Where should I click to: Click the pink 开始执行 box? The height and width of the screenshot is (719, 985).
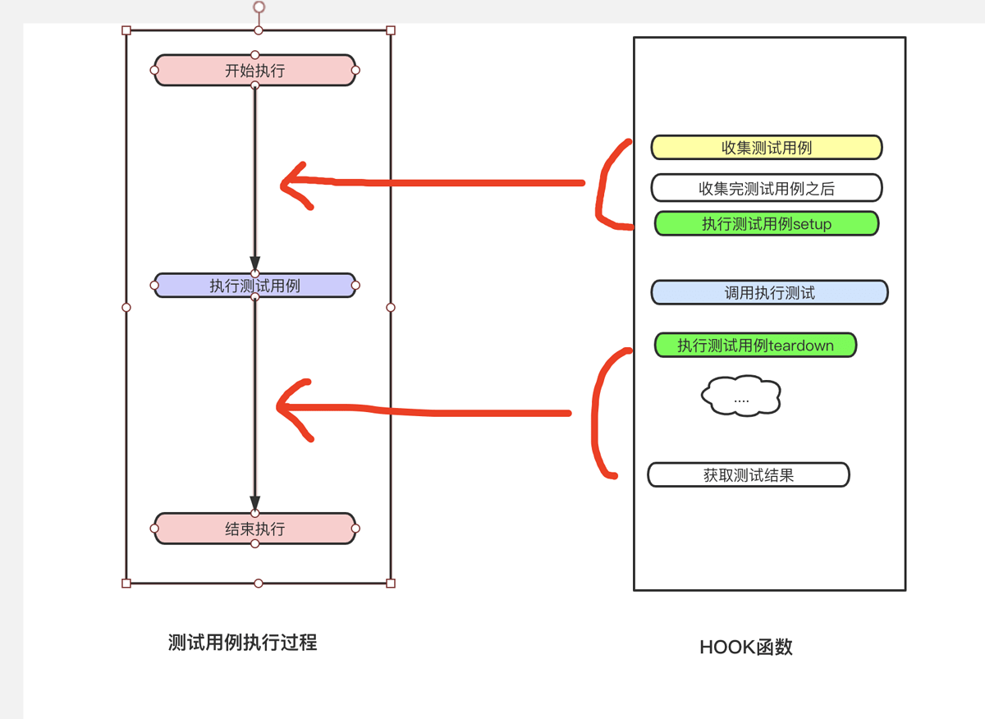pyautogui.click(x=254, y=71)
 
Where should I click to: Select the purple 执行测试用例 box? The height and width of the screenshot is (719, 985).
pyautogui.click(x=254, y=286)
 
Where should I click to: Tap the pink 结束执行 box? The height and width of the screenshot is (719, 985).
pyautogui.click(x=254, y=529)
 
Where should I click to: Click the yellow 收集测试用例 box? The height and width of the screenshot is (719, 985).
pyautogui.click(x=766, y=148)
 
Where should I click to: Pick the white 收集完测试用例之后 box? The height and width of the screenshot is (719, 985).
pyautogui.click(x=766, y=188)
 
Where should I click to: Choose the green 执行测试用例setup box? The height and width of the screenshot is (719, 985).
pyautogui.click(x=766, y=223)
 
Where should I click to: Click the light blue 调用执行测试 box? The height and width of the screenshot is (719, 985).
pyautogui.click(x=769, y=292)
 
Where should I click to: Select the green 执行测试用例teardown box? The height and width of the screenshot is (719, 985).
pyautogui.click(x=754, y=346)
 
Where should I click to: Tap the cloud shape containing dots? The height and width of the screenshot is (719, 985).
pyautogui.click(x=740, y=397)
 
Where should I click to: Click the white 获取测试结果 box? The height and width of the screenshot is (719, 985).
pyautogui.click(x=748, y=474)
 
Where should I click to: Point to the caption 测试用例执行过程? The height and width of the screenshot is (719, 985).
pyautogui.click(x=242, y=643)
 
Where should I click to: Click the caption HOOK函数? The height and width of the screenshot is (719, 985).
pyautogui.click(x=745, y=647)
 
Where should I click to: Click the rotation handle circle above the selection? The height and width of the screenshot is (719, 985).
pyautogui.click(x=259, y=7)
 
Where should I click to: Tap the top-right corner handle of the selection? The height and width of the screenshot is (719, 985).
pyautogui.click(x=391, y=30)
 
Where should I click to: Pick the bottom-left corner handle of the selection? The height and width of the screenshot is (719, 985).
pyautogui.click(x=126, y=584)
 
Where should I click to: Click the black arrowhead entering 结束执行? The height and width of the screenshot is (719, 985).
pyautogui.click(x=255, y=502)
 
